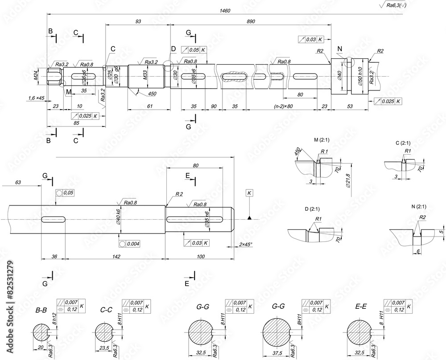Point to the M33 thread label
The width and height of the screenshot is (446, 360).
145,76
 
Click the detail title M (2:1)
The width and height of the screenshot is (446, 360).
322,141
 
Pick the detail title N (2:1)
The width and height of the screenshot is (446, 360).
419,206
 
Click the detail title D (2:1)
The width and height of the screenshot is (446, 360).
312,209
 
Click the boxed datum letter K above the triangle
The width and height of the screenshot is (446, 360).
249,193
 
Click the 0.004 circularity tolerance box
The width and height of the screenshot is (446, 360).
130,244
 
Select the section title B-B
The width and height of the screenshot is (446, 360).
41,310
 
